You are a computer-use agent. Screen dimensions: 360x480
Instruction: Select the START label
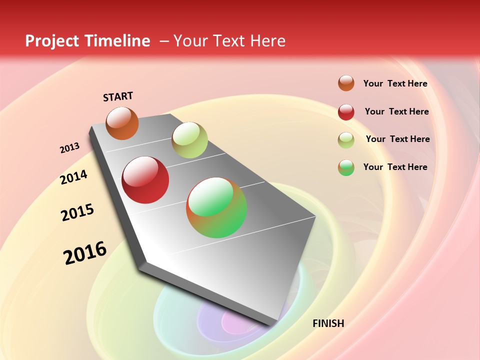pyautogui.click(x=118, y=96)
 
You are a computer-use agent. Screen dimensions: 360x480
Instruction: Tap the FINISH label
pyautogui.click(x=328, y=323)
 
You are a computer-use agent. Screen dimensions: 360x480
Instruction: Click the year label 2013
pyautogui.click(x=69, y=148)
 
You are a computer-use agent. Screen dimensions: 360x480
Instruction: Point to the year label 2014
pyautogui.click(x=73, y=177)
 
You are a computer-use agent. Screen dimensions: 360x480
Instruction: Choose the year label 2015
pyautogui.click(x=77, y=212)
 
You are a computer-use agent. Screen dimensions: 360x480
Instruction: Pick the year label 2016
pyautogui.click(x=85, y=253)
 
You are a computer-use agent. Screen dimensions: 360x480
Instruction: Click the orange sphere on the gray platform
pyautogui.click(x=122, y=123)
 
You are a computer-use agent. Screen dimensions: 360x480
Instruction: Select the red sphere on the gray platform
pyautogui.click(x=145, y=180)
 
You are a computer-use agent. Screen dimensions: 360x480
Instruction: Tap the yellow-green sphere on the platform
pyautogui.click(x=189, y=140)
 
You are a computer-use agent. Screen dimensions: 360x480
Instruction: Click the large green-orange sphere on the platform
pyautogui.click(x=216, y=207)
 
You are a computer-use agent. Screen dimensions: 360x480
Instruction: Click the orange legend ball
pyautogui.click(x=346, y=83)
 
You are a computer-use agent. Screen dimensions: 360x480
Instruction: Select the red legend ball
pyautogui.click(x=346, y=112)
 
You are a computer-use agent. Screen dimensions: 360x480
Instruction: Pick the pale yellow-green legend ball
pyautogui.click(x=346, y=140)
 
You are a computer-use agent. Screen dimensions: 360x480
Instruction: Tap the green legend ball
pyautogui.click(x=346, y=167)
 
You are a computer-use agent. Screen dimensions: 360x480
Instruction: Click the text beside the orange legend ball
pyautogui.click(x=395, y=83)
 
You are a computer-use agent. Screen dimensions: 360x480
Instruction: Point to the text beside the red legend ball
pyautogui.click(x=396, y=111)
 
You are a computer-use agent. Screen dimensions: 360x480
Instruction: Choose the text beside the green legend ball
pyautogui.click(x=395, y=167)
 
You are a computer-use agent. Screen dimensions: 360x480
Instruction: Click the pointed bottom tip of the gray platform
pyautogui.click(x=272, y=324)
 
